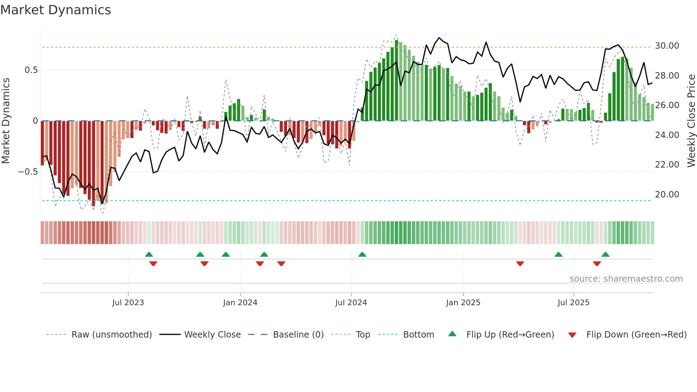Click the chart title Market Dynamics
point(56,10)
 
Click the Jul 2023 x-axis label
point(128,303)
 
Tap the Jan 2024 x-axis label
point(240,303)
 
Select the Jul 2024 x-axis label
point(351,303)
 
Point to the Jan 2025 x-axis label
point(463,303)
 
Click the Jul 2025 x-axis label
point(573,303)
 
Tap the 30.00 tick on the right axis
point(667,46)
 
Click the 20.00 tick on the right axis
point(667,195)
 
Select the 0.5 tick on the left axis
point(31,70)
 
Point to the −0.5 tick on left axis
point(28,172)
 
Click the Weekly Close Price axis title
point(691,121)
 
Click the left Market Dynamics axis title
point(6,121)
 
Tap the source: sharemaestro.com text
point(626,279)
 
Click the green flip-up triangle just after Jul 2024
point(362,255)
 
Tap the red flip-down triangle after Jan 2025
point(520,264)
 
